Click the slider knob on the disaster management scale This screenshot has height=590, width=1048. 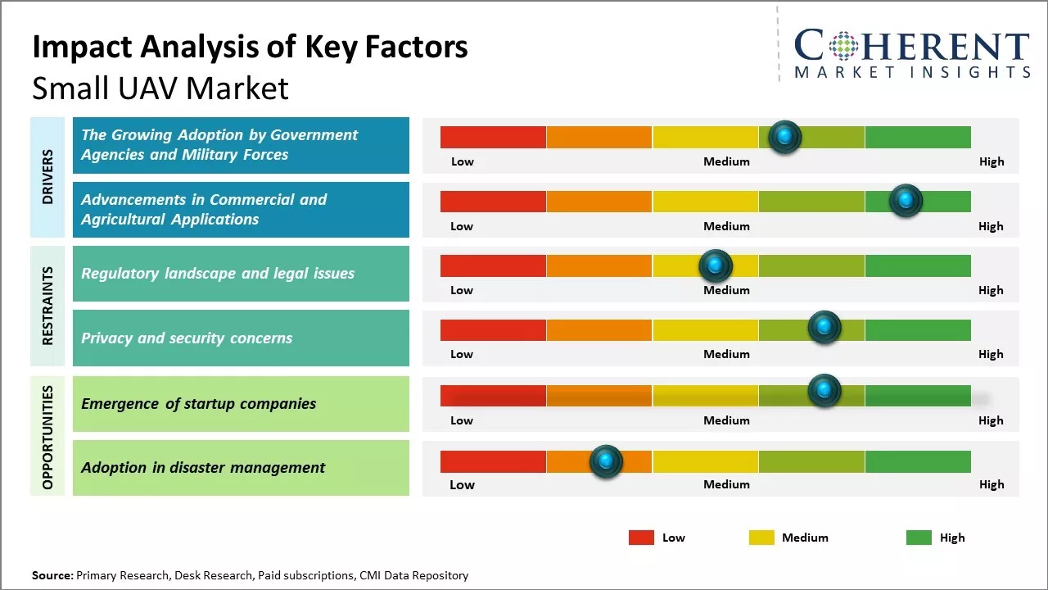(606, 462)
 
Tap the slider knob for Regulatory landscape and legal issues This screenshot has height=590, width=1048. (716, 265)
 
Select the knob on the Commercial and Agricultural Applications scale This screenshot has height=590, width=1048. (906, 201)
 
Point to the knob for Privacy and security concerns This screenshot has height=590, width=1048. (824, 328)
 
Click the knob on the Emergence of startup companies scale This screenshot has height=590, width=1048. (824, 391)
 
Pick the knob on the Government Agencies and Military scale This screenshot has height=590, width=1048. (785, 137)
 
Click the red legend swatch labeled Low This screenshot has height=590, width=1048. (641, 538)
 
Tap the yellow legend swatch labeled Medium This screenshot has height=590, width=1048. (761, 538)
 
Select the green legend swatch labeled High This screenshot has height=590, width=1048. (919, 538)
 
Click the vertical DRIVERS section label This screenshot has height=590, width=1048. (47, 177)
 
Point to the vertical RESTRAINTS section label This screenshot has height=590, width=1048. (47, 306)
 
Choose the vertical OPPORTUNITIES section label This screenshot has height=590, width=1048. (47, 437)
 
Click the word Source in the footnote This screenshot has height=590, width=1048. (52, 575)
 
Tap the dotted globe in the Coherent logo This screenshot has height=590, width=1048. (844, 46)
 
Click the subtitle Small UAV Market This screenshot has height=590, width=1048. (160, 88)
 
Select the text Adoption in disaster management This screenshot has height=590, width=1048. (203, 468)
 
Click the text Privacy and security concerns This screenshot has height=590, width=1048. (187, 338)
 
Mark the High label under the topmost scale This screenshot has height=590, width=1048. (992, 161)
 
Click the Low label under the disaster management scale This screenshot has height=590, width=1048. (462, 484)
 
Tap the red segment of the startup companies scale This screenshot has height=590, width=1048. (493, 396)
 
